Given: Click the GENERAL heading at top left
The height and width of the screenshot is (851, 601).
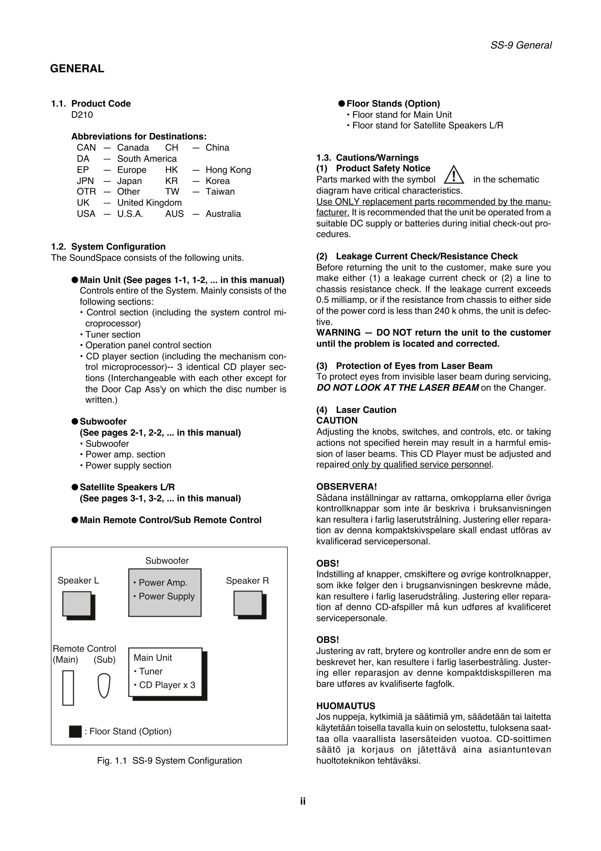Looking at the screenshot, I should tap(77, 69).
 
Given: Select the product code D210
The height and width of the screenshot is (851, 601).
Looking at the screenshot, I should tap(82, 115).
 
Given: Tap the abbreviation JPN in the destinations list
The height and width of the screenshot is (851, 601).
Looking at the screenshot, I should tap(85, 181).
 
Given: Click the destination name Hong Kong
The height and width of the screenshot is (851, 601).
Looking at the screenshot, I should tap(228, 170).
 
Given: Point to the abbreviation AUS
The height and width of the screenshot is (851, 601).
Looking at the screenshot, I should tap(174, 214).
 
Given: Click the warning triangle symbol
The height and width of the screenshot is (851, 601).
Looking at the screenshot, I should tap(454, 175).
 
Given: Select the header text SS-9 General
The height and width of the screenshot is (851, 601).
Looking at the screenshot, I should tap(520, 45).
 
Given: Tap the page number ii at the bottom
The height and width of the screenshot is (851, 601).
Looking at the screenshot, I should tap(302, 801).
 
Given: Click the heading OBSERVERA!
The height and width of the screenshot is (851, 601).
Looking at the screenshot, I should tap(346, 487).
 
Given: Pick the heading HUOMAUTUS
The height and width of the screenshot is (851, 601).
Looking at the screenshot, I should tap(345, 706).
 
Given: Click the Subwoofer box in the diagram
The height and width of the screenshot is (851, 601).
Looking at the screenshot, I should tap(164, 592).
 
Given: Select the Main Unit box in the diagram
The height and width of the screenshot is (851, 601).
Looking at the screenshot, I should tap(165, 672).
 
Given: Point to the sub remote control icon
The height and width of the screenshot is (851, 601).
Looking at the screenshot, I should tap(104, 686).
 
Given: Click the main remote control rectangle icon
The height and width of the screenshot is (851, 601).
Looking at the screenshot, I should tap(68, 687).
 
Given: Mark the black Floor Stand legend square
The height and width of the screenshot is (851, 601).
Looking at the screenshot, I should tap(75, 732).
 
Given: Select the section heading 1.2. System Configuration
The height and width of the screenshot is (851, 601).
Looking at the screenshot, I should tap(108, 246).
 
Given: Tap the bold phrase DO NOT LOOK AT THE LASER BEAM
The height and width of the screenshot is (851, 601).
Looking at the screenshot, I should tap(397, 388).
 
